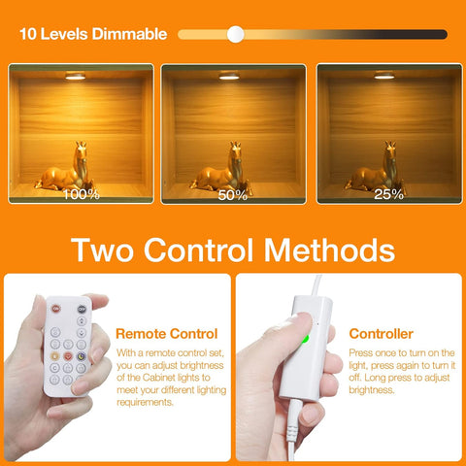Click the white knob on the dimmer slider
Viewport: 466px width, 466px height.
(235, 34)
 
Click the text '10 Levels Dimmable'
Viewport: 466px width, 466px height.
(93, 34)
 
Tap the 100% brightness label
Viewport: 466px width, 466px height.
(81, 193)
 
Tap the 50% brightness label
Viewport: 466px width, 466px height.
(232, 194)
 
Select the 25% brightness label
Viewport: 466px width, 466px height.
(388, 193)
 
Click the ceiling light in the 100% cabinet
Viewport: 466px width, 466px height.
(80, 75)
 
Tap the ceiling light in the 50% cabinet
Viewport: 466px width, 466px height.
(232, 75)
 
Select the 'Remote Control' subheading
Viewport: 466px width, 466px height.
(165, 333)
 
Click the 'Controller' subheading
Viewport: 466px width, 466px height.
(381, 333)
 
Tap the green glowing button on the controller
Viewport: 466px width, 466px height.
(303, 339)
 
